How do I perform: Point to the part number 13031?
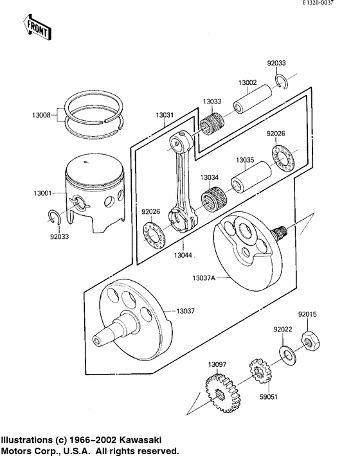(x=164, y=116)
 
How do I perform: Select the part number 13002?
(x=248, y=83)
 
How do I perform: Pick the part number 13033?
(x=212, y=102)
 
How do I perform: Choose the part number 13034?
(x=209, y=177)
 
